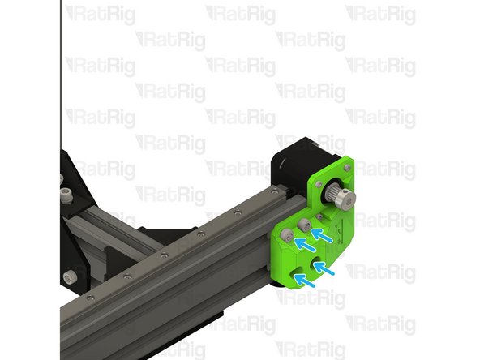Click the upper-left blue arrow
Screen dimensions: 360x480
[x=303, y=242]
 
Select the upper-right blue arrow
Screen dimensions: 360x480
[x=323, y=235]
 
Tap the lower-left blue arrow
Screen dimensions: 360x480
[x=304, y=280]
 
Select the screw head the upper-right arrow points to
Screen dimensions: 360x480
[x=306, y=224]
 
